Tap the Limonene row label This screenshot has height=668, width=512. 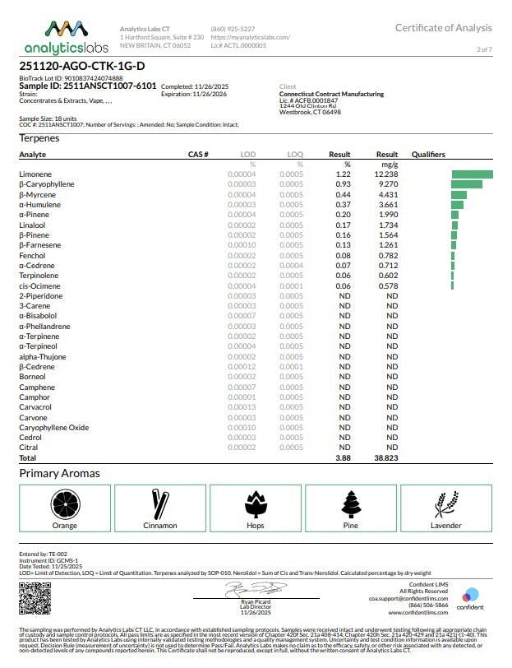pyautogui.click(x=35, y=174)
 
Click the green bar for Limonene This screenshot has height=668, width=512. pyautogui.click(x=472, y=174)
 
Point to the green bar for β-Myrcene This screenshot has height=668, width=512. pyautogui.click(x=459, y=194)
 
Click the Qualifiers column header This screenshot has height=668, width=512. pyautogui.click(x=428, y=155)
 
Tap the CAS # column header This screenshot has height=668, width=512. pyautogui.click(x=198, y=155)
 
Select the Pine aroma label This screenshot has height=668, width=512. pyautogui.click(x=350, y=525)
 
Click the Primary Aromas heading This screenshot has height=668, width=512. pyautogui.click(x=59, y=474)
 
